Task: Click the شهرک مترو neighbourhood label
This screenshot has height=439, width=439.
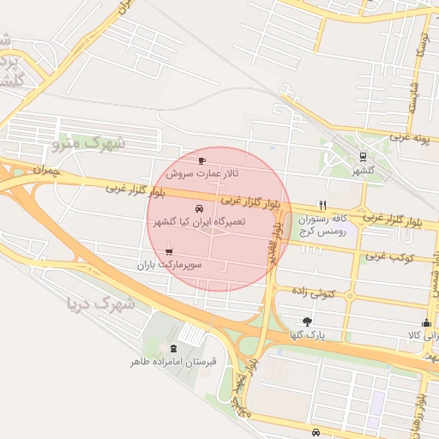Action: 88,143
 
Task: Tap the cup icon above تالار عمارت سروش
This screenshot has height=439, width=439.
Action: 201,160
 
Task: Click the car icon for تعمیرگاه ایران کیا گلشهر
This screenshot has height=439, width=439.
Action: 200,209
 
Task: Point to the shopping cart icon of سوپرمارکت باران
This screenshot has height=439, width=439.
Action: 168,252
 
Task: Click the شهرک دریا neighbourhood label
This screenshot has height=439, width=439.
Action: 101,303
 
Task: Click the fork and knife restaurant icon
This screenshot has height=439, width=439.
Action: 322,205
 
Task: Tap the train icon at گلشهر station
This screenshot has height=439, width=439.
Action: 364,157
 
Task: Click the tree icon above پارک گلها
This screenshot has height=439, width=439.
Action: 307,321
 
